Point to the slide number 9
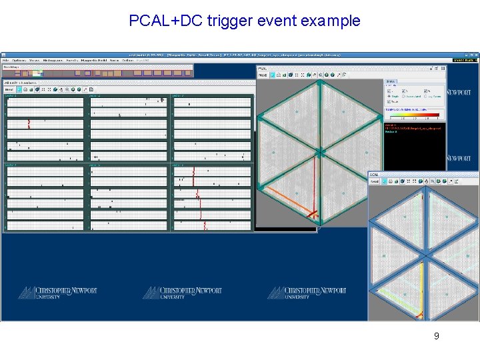(436, 336)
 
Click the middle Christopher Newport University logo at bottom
(182, 293)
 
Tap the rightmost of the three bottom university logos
(307, 293)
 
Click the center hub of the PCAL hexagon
(319, 153)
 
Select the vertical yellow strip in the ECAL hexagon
(422, 287)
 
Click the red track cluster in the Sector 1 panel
(29, 123)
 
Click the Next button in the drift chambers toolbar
(10, 89)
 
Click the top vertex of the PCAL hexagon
(319, 83)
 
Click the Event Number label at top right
(465, 60)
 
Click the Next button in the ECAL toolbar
(375, 181)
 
